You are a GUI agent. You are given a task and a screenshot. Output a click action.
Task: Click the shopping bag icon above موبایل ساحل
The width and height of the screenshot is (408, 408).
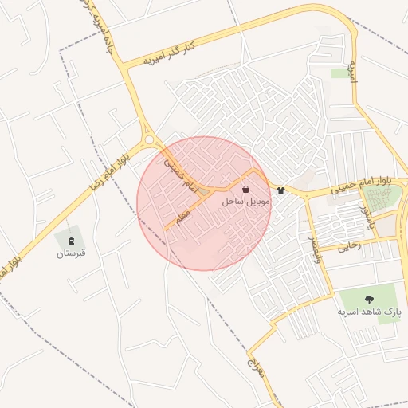pos(246,190)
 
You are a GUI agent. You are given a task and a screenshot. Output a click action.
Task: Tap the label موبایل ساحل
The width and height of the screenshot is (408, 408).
pos(246,203)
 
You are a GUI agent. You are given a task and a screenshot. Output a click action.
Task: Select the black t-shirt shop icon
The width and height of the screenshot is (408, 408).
pos(280,190)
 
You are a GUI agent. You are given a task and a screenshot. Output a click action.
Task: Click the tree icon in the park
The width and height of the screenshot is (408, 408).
pos(368,299)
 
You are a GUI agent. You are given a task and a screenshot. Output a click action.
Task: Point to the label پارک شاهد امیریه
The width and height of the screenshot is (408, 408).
pos(368,312)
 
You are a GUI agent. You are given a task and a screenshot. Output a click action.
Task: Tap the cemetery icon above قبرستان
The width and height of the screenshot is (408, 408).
pos(70,239)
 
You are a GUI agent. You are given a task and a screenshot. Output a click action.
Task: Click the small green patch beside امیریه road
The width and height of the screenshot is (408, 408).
pos(339,73)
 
